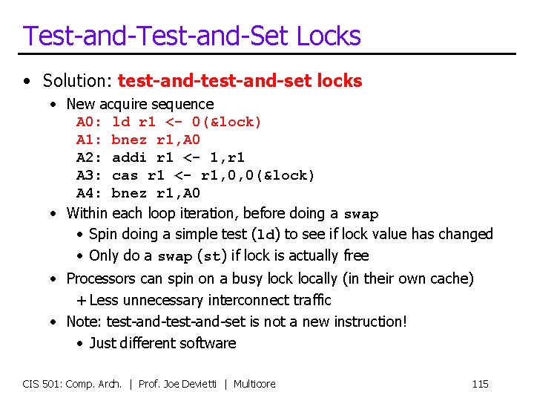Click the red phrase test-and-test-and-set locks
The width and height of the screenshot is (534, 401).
point(240,80)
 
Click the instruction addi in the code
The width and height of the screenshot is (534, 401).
point(129,157)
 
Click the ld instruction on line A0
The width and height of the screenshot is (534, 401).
point(120,122)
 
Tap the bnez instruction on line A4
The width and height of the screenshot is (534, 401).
point(129,193)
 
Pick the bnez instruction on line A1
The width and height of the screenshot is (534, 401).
point(129,140)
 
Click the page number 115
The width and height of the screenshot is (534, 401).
point(480,384)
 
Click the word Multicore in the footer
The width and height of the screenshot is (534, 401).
point(254,384)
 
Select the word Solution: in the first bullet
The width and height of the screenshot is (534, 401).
point(78,80)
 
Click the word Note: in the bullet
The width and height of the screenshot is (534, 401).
point(85,322)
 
